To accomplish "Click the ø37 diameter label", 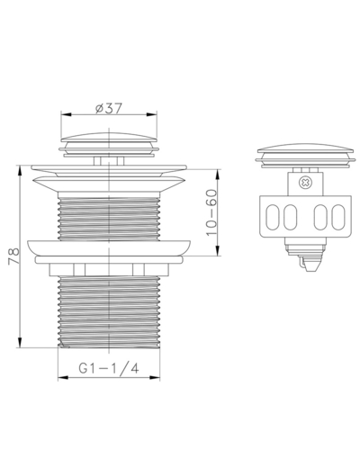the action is [109, 108].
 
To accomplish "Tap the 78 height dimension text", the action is [14, 256].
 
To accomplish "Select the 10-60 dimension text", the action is [211, 212].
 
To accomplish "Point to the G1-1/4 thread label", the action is [109, 368].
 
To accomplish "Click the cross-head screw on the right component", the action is [305, 183].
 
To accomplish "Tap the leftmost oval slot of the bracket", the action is [273, 217].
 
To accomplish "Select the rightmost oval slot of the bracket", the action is [338, 217].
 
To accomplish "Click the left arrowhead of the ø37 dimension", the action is [66, 114].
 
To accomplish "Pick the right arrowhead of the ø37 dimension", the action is [152, 114].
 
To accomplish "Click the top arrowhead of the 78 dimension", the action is [20, 171].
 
